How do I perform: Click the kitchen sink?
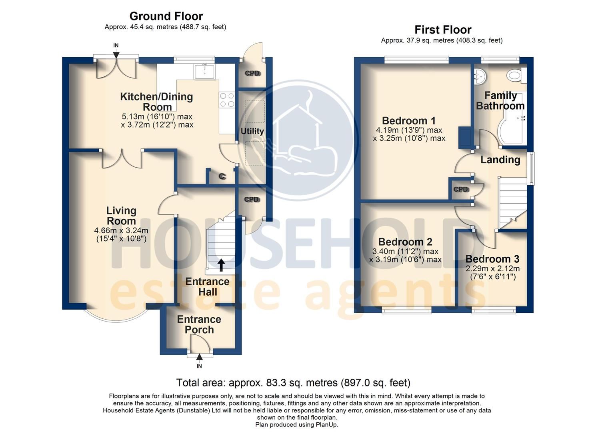click(205, 71)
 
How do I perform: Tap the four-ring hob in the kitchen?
click(227, 100)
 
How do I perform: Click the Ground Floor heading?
click(166, 16)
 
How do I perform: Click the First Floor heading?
click(443, 30)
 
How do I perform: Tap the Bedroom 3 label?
click(492, 259)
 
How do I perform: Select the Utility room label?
click(252, 131)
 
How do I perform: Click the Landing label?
click(500, 160)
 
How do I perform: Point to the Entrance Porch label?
click(199, 324)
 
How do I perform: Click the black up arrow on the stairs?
click(222, 265)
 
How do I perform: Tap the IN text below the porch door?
click(199, 366)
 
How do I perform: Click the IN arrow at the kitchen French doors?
click(116, 55)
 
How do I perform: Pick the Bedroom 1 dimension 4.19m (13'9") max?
click(409, 130)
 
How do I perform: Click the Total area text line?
click(293, 383)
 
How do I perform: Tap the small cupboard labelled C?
click(222, 176)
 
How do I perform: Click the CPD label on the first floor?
click(461, 189)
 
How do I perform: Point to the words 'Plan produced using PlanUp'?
click(297, 424)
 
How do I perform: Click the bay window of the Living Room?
click(117, 321)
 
